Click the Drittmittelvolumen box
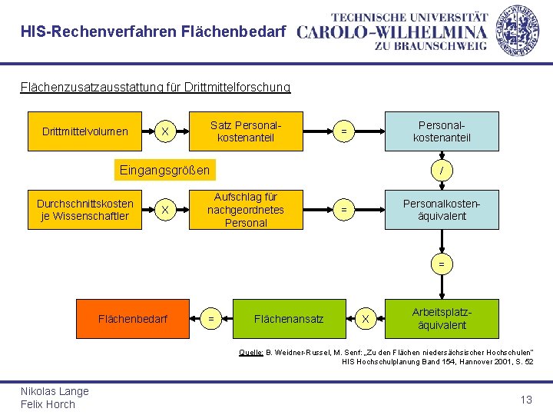coord(85,131)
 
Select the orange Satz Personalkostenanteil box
coord(246,131)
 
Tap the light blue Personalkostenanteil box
coord(442,131)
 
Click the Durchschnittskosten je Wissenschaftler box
coord(85,209)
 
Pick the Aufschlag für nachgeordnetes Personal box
coord(246,210)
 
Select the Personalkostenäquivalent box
coord(442,210)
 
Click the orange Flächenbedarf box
coord(133,318)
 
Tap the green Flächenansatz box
coord(289,318)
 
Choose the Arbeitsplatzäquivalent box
coord(442,318)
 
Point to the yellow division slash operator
coord(442,170)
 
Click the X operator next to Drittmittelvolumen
coord(164,131)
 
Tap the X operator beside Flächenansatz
coord(366,318)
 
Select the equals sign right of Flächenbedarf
coord(211,318)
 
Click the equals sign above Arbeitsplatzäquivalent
coord(442,264)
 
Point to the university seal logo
coord(516,28)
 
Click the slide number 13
coord(526,400)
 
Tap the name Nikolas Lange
coord(55,391)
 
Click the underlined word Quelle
coord(251,352)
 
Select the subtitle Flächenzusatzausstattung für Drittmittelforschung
coord(155,88)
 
